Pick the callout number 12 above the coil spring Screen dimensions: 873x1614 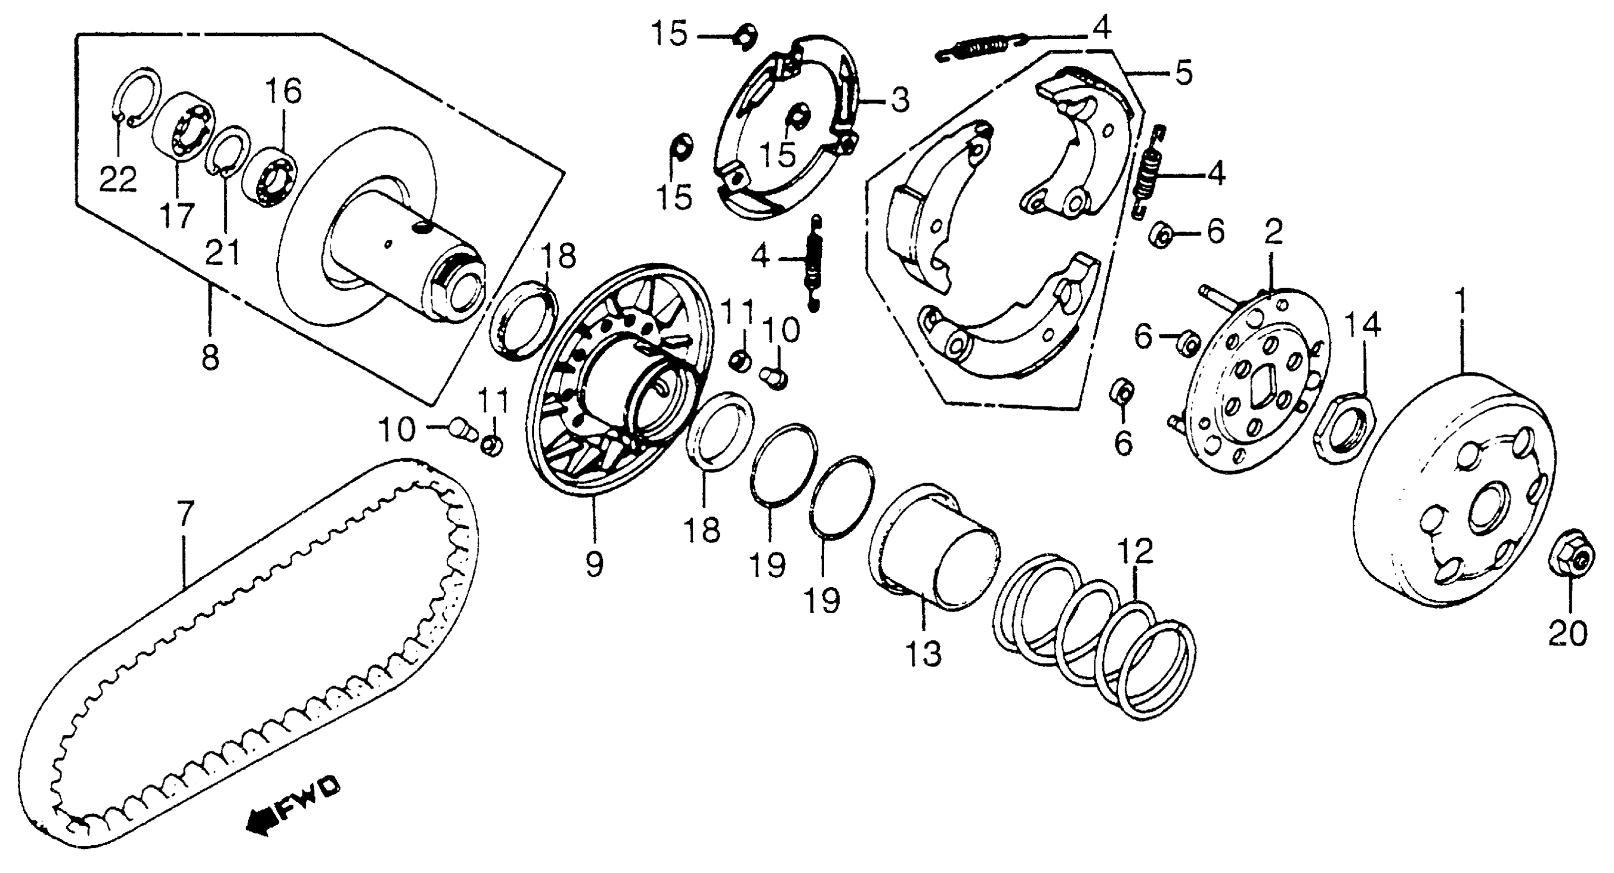1135,552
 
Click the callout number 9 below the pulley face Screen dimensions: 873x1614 594,563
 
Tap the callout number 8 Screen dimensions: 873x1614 211,358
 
